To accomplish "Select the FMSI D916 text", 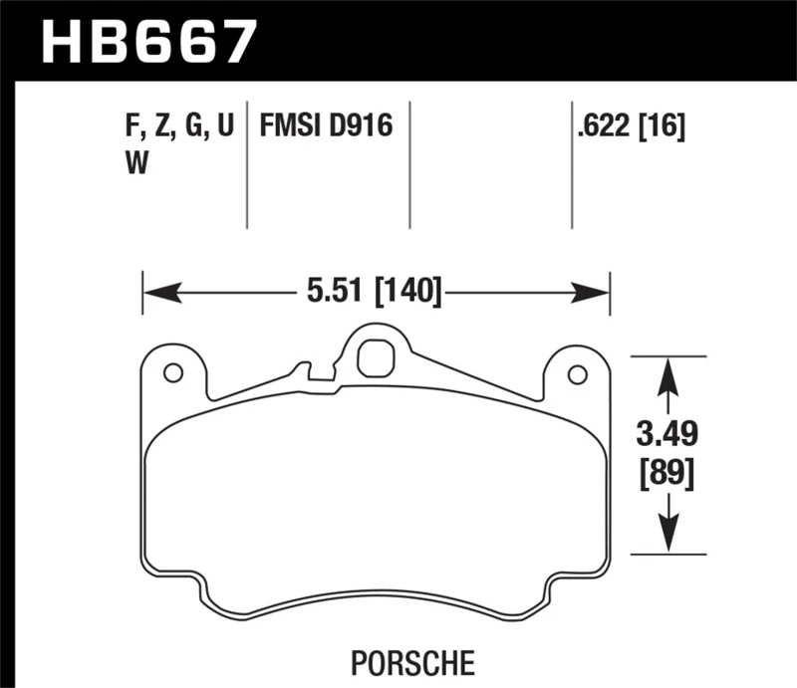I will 326,126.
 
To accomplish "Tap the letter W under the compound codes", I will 135,164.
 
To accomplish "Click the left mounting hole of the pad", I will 172,373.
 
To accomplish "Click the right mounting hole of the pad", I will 576,374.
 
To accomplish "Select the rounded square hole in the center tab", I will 374,357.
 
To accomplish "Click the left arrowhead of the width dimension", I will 159,293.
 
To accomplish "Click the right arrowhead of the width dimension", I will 593,293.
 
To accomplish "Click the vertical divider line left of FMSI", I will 246,164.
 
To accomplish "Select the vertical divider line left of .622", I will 571,164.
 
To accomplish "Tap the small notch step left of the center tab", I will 317,372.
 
